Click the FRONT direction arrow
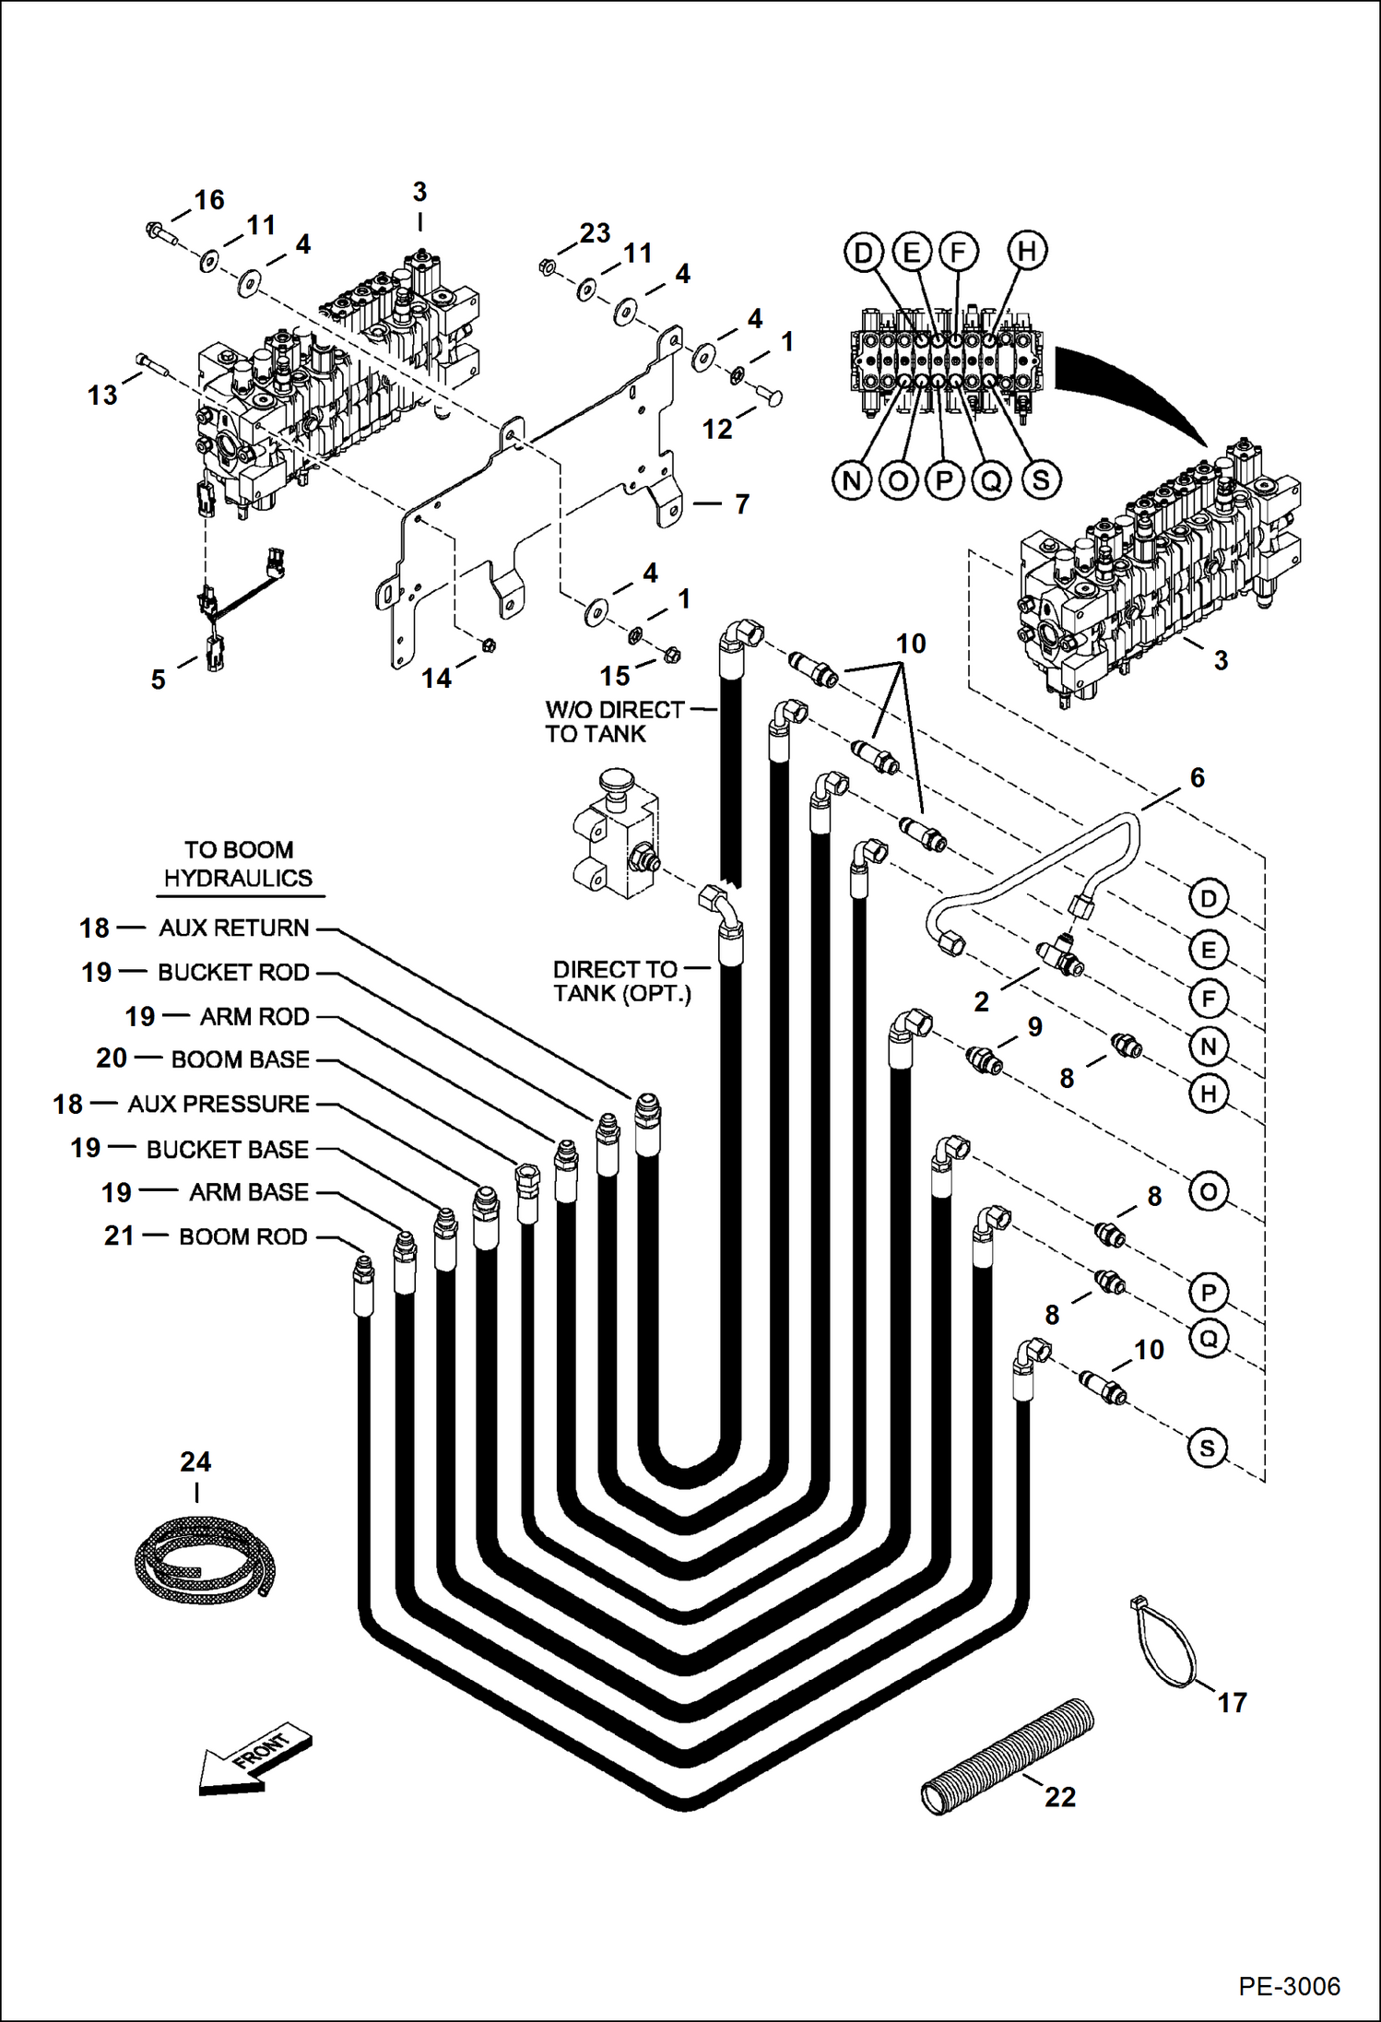point(254,1762)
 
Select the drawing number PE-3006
point(1288,1986)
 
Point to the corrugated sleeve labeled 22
point(1008,1756)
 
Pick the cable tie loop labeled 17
point(1163,1646)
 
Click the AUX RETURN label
point(233,928)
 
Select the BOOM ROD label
point(242,1236)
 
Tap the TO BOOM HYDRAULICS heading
point(238,864)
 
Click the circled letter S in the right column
point(1208,1448)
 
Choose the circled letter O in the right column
point(1208,1192)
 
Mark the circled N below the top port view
point(851,480)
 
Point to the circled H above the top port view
point(1026,251)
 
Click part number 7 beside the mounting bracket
point(741,504)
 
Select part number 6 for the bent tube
point(1197,777)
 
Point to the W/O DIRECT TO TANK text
point(613,722)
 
